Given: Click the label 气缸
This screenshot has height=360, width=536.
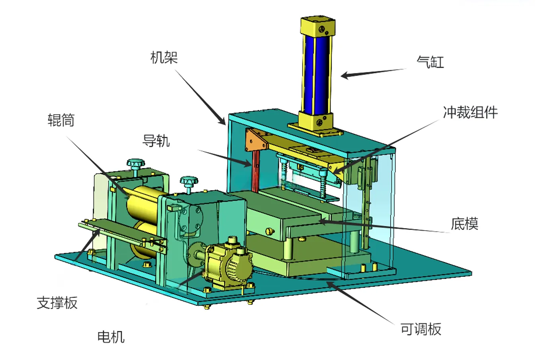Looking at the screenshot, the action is [x=430, y=62].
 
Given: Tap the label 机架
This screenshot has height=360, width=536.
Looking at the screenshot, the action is [x=164, y=58].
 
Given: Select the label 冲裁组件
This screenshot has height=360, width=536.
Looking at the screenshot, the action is [x=470, y=112].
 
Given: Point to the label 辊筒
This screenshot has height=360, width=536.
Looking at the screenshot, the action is [x=61, y=120].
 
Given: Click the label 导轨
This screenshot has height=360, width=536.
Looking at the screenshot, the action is [x=156, y=141].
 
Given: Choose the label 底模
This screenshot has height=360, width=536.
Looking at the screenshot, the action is [x=464, y=224].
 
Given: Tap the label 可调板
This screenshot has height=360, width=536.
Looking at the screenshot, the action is [x=421, y=329].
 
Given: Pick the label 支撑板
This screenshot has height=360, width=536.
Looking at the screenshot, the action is [x=57, y=303].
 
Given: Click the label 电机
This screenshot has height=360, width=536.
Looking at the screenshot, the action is [x=111, y=337].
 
